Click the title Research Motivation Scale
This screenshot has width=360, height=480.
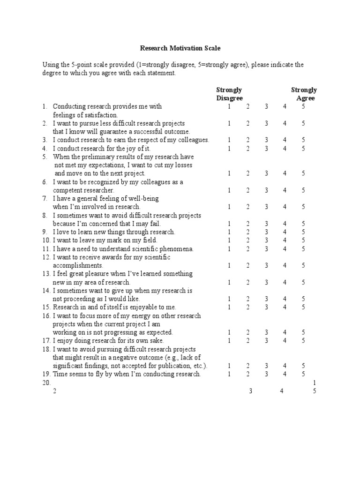point(180,48)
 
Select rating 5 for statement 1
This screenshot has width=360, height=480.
point(303,106)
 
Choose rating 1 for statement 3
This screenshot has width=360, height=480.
point(229,140)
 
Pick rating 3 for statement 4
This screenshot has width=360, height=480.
point(266,149)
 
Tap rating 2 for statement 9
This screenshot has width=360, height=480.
point(248,232)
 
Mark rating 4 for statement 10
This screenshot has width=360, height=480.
point(285,240)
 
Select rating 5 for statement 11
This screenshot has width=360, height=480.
point(303,249)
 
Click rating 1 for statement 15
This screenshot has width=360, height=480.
point(229,307)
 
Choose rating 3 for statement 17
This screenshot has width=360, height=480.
point(266,341)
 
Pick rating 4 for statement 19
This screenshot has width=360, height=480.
point(285,374)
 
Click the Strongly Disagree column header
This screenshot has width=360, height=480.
point(229,94)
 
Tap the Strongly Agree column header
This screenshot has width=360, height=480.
point(304,94)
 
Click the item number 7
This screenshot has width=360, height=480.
point(45,199)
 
